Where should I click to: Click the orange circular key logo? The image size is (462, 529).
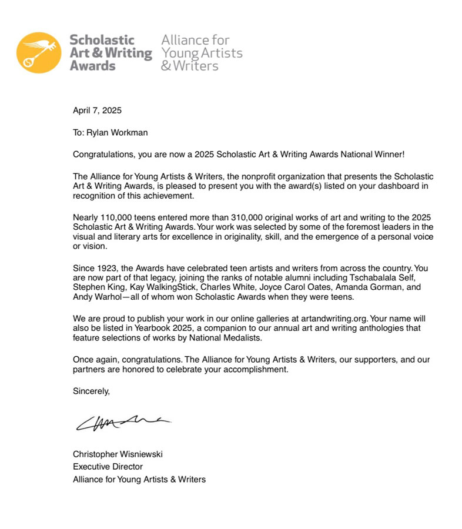point(39,53)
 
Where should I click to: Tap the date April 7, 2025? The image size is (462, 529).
point(97,110)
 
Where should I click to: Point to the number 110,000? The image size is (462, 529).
point(119,216)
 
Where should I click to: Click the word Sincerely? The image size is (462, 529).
point(91,390)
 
